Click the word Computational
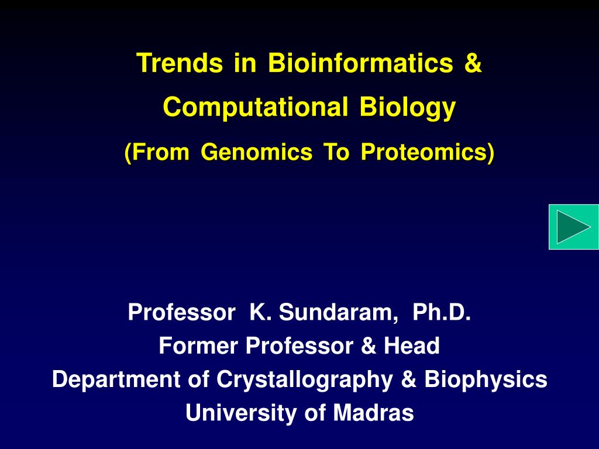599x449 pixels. [x=252, y=108]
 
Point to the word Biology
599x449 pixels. [x=407, y=108]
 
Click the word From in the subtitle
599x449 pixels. [x=157, y=153]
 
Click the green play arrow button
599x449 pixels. [x=573, y=227]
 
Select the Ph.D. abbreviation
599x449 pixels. [x=441, y=313]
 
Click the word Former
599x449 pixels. [x=199, y=346]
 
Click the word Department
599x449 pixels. [x=116, y=379]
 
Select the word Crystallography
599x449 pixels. [x=305, y=379]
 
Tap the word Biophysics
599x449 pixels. [x=486, y=379]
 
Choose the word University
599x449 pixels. [x=241, y=413]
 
